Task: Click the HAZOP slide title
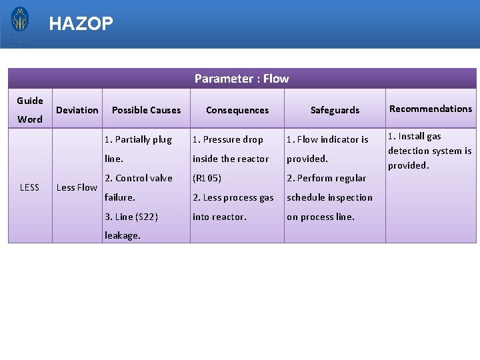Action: [x=81, y=24]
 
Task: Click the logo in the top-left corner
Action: [x=20, y=25]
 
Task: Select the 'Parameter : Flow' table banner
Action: [x=241, y=79]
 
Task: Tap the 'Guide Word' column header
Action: [x=30, y=110]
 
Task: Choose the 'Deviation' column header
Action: [x=77, y=110]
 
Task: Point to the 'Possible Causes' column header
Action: [x=146, y=110]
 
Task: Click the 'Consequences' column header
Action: [x=237, y=110]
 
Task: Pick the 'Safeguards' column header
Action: [x=335, y=110]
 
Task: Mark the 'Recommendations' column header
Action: [x=431, y=109]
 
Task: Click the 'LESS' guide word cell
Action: [x=30, y=187]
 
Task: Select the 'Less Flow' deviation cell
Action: [x=77, y=187]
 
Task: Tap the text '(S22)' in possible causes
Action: [x=146, y=217]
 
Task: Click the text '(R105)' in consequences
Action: [x=207, y=178]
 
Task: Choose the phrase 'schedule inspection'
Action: [x=329, y=197]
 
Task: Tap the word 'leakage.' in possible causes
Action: [x=123, y=235]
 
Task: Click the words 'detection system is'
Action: [x=430, y=151]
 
